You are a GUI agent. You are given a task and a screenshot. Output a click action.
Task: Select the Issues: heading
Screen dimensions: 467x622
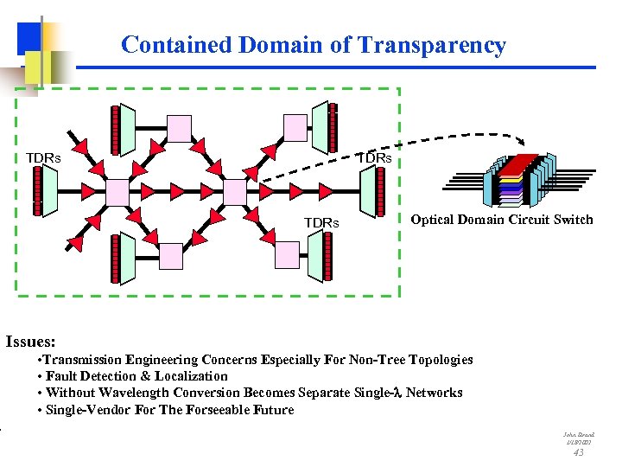coord(30,342)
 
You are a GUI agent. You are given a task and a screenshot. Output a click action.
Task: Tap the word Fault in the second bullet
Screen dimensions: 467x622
coord(63,376)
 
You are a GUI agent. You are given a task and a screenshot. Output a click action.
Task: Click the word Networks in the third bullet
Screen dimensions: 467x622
coord(435,393)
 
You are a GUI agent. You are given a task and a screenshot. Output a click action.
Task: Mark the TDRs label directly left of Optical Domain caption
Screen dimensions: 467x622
coord(321,223)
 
